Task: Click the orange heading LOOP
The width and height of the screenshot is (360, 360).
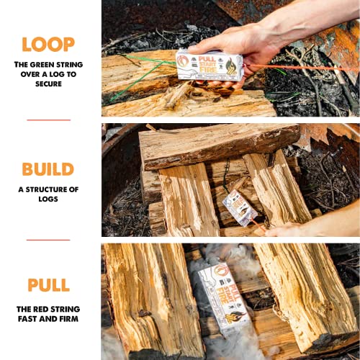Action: click(x=48, y=44)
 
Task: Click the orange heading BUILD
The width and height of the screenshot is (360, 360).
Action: click(x=48, y=169)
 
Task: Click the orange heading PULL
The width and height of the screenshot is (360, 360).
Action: click(x=48, y=285)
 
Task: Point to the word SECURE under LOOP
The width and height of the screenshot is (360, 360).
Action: click(x=48, y=84)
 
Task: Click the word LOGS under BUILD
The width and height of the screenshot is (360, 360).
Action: click(x=48, y=199)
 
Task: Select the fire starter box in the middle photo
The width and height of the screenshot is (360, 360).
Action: click(x=239, y=208)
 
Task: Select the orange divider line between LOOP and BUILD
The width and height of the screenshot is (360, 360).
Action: click(x=48, y=120)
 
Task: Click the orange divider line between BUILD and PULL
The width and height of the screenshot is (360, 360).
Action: click(x=48, y=239)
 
